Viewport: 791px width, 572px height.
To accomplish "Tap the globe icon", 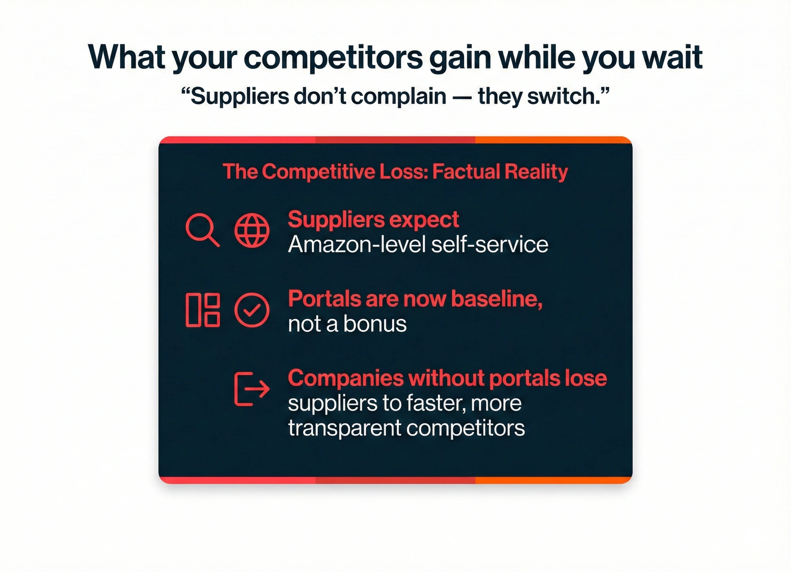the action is (252, 230).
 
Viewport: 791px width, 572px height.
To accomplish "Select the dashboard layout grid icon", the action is (203, 310).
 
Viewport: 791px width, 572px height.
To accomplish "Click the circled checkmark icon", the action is (252, 310).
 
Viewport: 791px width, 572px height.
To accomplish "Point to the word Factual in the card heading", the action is (465, 172).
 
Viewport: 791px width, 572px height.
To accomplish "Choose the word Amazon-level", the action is (357, 244).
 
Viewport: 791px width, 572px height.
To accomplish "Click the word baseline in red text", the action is (497, 299).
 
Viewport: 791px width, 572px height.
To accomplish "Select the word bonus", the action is (375, 324).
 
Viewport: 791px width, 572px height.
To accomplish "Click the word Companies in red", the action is (346, 378).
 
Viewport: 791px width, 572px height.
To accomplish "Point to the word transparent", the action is (345, 429).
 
